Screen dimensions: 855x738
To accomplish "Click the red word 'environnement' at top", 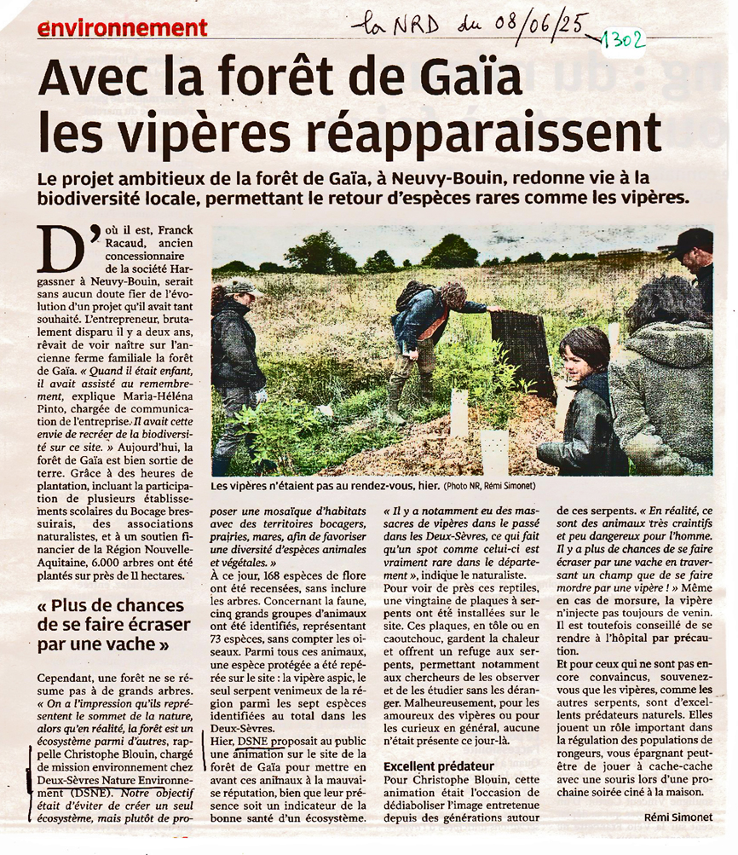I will point(123,27).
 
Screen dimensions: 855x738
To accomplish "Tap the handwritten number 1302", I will point(622,39).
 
